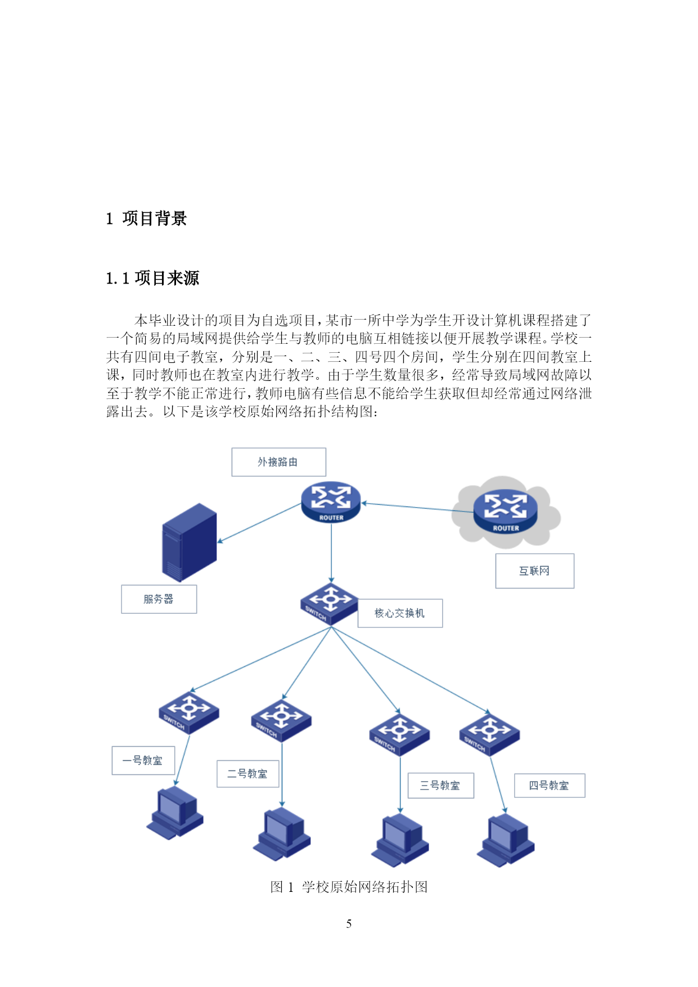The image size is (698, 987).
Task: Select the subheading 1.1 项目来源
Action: (152, 278)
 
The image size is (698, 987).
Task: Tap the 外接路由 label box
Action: (278, 462)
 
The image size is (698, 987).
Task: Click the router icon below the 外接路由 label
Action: (331, 501)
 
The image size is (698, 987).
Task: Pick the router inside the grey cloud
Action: (505, 512)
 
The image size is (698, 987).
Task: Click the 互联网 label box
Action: (534, 571)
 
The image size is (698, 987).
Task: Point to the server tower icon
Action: (189, 542)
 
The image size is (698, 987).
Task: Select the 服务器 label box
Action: (159, 599)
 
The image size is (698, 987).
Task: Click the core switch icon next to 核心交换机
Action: (329, 604)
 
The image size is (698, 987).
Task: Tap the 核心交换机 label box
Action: (400, 613)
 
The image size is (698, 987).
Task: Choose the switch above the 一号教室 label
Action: (188, 712)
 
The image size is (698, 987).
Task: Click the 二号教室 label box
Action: (247, 774)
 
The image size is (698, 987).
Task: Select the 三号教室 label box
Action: (440, 786)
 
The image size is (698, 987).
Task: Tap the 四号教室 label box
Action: (550, 786)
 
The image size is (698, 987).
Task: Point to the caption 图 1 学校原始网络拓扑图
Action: (349, 887)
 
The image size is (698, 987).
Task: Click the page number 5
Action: (349, 923)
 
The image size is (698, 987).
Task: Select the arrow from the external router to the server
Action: (259, 523)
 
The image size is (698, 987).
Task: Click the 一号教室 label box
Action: (143, 760)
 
